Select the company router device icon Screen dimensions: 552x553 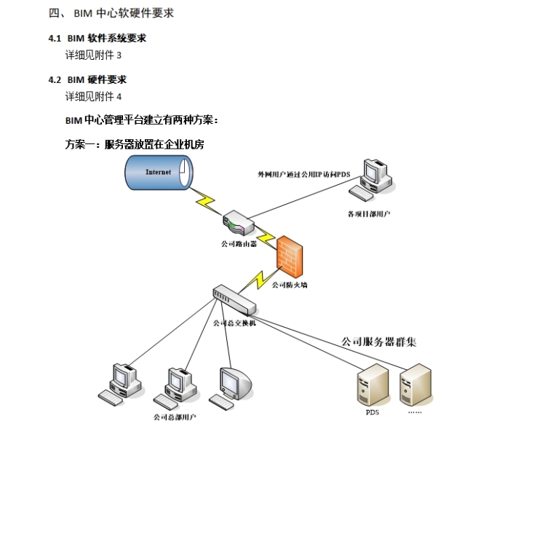[x=239, y=221]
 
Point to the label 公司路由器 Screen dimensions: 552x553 [x=239, y=245]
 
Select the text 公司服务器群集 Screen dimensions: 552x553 [x=379, y=342]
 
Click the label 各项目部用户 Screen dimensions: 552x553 [x=369, y=214]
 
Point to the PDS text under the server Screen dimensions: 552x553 [x=372, y=411]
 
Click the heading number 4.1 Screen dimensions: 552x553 [x=55, y=38]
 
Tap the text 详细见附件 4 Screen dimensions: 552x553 [x=94, y=96]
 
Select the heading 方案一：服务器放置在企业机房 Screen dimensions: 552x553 [x=135, y=144]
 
